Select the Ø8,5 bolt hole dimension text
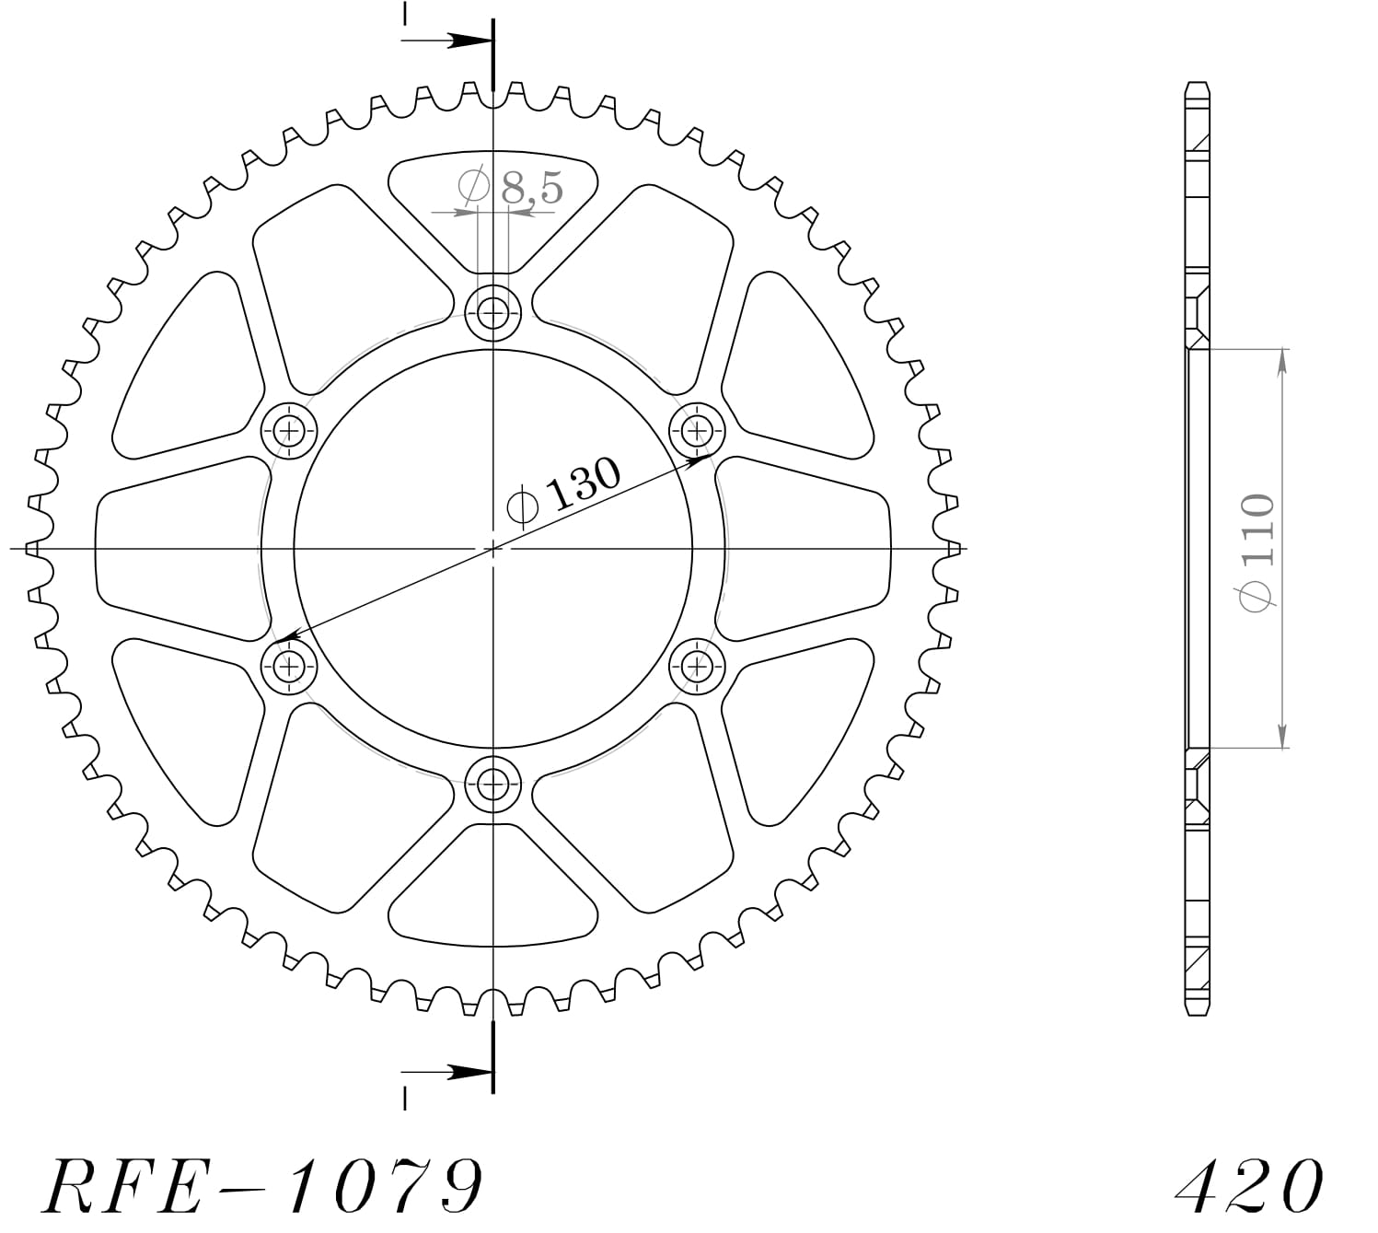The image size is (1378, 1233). click(x=511, y=188)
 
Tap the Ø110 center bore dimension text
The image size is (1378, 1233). click(x=1256, y=551)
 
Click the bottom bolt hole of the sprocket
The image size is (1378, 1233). click(x=493, y=785)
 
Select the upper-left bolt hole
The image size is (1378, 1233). click(x=288, y=429)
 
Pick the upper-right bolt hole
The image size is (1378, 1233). click(x=697, y=429)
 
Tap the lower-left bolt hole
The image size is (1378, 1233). click(x=288, y=665)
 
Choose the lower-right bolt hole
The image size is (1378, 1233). click(x=697, y=665)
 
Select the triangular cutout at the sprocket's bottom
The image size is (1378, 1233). click(x=493, y=889)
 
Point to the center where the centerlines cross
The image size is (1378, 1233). click(x=493, y=549)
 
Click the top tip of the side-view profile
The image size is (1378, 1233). click(x=1196, y=85)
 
